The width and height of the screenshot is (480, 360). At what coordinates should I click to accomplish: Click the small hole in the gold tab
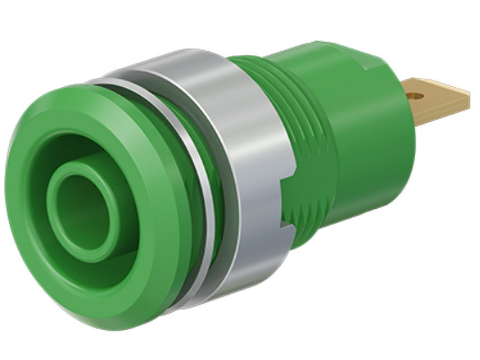pyautogui.click(x=414, y=96)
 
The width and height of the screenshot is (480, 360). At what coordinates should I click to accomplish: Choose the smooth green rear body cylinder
pyautogui.click(x=370, y=150)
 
